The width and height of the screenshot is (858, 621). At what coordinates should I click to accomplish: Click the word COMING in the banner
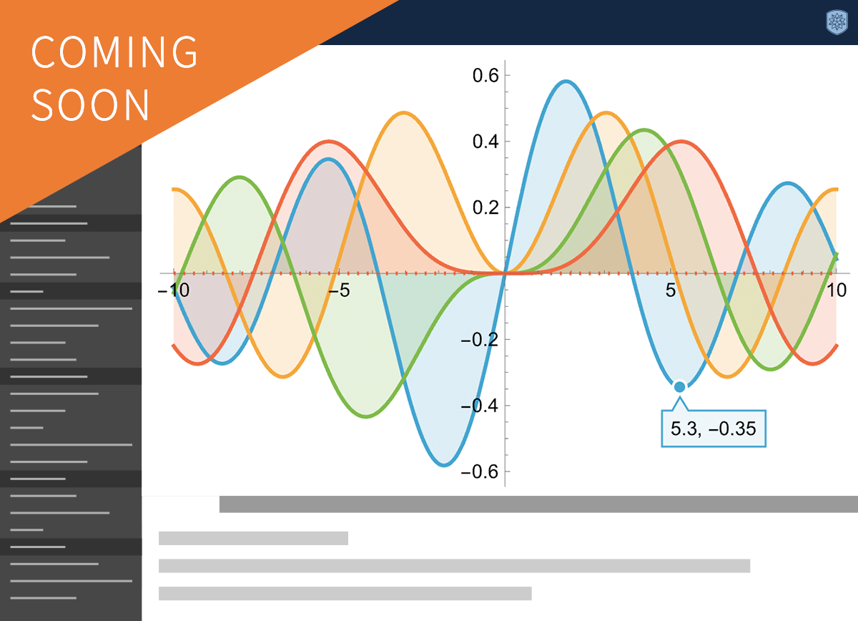coord(114,52)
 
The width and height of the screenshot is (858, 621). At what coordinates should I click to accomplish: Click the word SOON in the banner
coord(90,104)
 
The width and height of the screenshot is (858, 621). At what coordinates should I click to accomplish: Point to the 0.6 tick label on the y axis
coord(485,76)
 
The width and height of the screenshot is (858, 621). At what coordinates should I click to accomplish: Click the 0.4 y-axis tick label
coord(485,142)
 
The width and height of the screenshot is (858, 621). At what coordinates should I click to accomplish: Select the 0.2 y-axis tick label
coord(485,207)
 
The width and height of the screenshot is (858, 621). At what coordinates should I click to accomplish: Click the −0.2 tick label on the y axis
coord(480,340)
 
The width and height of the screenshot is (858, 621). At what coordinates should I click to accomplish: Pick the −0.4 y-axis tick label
coord(480,406)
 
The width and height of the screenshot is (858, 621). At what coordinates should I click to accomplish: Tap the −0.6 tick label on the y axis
coord(480,472)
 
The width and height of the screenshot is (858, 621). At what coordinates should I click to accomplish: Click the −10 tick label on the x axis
coord(174,290)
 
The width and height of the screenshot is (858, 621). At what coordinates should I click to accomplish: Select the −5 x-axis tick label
coord(340,290)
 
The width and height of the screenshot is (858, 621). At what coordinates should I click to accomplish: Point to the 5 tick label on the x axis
coord(671,290)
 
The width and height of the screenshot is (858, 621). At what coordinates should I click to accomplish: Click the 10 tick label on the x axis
coord(837,290)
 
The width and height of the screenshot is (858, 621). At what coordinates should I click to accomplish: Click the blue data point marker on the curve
coord(680,387)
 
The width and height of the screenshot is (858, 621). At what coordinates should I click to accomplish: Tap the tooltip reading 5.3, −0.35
coord(714,429)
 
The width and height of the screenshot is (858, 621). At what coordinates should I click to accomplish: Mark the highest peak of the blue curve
coord(566,82)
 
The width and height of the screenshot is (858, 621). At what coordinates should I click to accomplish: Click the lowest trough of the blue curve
coord(444,465)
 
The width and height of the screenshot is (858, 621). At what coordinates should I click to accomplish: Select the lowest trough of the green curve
coord(367,416)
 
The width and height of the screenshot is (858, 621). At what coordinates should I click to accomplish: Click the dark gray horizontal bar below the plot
coord(538,504)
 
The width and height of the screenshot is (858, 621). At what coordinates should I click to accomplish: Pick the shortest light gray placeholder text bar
coord(253,538)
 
